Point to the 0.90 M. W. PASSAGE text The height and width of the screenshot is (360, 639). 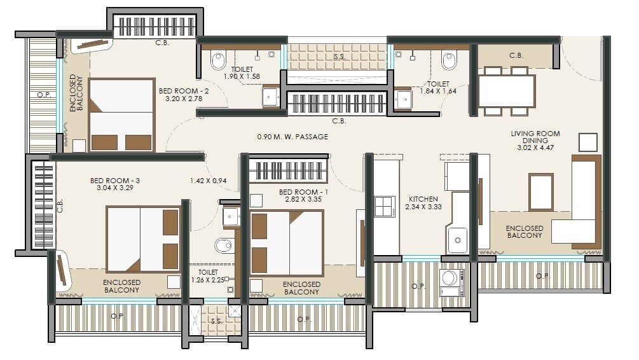(292, 136)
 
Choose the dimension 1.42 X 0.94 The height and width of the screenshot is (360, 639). (208, 181)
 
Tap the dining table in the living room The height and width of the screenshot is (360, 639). (506, 91)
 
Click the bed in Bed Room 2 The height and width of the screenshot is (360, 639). (121, 115)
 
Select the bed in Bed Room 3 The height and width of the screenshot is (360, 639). (143, 239)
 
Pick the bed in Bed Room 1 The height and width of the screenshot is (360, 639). (287, 242)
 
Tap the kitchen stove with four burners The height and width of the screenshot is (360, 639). (385, 207)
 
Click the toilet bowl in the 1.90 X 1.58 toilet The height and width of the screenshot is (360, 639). (218, 60)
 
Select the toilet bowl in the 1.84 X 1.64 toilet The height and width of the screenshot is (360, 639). (449, 60)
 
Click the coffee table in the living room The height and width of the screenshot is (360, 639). (541, 191)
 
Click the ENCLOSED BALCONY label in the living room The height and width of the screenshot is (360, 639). (525, 232)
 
